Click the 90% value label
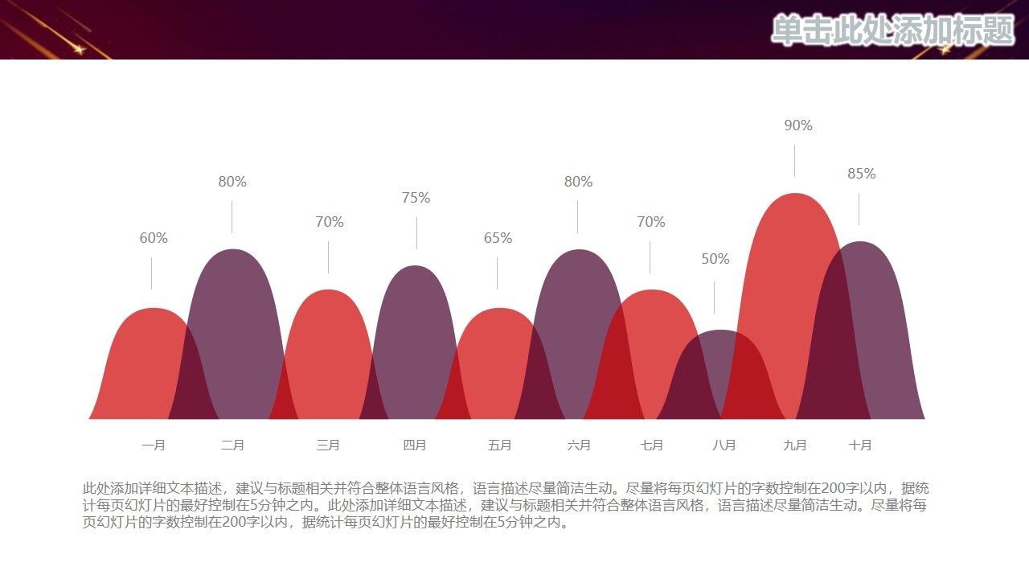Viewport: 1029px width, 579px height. pyautogui.click(x=798, y=125)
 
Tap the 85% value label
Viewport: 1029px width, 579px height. pyautogui.click(x=861, y=174)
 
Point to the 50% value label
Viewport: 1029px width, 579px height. pyautogui.click(x=715, y=259)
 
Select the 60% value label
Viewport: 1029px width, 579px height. pyautogui.click(x=154, y=238)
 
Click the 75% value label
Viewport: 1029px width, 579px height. pyautogui.click(x=416, y=198)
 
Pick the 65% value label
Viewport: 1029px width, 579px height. pyautogui.click(x=498, y=238)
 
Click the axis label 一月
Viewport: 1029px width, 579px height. pyautogui.click(x=154, y=445)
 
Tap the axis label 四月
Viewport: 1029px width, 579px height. pyautogui.click(x=415, y=445)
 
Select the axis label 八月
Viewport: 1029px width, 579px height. pyautogui.click(x=724, y=445)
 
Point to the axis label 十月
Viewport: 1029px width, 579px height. pyautogui.click(x=860, y=445)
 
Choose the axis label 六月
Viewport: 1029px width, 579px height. pyautogui.click(x=579, y=445)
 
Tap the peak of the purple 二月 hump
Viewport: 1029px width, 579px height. pyautogui.click(x=232, y=251)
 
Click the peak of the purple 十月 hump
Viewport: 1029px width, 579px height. pyautogui.click(x=859, y=243)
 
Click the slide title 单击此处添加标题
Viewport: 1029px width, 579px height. pyautogui.click(x=892, y=31)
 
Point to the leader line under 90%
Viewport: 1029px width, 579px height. pyautogui.click(x=795, y=161)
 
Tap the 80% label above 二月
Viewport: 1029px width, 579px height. pyautogui.click(x=232, y=182)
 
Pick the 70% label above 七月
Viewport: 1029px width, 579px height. pyautogui.click(x=651, y=222)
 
